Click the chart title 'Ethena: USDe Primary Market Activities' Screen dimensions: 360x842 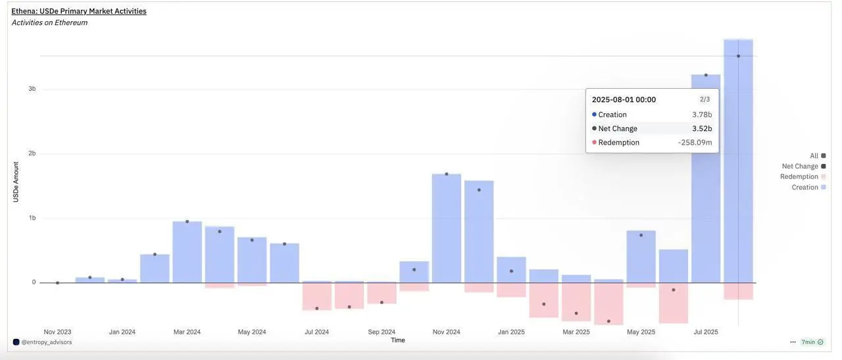pos(79,11)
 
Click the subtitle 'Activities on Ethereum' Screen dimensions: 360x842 pos(49,22)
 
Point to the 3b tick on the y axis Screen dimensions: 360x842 pos(32,89)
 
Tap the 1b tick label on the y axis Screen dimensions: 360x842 pos(32,218)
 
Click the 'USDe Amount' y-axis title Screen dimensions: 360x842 pos(16,182)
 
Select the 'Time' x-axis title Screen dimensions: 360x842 pos(398,340)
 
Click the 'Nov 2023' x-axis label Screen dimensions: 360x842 pos(58,332)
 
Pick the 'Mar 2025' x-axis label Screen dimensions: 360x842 pos(576,332)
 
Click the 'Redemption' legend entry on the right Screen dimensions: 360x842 pos(799,176)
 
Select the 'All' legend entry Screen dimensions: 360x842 pos(814,156)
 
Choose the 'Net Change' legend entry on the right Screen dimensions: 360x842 pos(800,167)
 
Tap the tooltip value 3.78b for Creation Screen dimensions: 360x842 pos(702,115)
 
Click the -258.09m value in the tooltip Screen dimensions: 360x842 pos(695,142)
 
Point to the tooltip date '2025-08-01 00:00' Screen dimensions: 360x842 pos(624,99)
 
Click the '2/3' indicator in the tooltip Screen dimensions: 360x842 pos(705,99)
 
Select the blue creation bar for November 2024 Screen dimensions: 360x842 pos(447,230)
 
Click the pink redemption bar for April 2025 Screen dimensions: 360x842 pos(608,303)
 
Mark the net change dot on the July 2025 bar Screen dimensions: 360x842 pos(706,75)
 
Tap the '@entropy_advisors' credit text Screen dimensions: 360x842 pos(47,342)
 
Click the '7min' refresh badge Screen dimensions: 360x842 pos(808,342)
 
